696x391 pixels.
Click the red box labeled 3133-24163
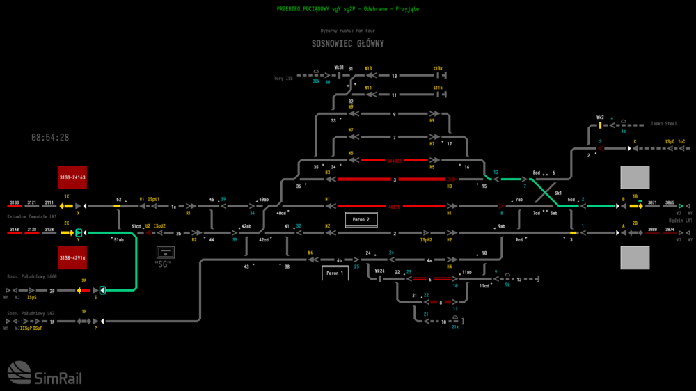[x=72, y=177]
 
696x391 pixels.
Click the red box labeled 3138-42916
[x=72, y=257]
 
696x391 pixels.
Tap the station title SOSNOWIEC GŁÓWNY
[x=347, y=43]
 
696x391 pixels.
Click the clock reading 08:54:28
[x=50, y=138]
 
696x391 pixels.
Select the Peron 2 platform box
[x=361, y=220]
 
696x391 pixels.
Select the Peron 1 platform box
[x=335, y=273]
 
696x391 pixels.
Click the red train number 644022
[x=395, y=160]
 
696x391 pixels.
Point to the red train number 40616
[x=395, y=207]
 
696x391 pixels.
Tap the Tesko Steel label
[x=663, y=124]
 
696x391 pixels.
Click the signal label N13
[x=368, y=68]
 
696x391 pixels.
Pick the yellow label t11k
[x=438, y=88]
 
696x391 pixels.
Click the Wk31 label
[x=339, y=67]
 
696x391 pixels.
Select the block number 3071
[x=652, y=202]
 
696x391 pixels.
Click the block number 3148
[x=14, y=229]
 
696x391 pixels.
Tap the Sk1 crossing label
[x=558, y=193]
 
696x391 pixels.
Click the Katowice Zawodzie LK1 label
[x=31, y=217]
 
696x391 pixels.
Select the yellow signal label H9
[x=432, y=120]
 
